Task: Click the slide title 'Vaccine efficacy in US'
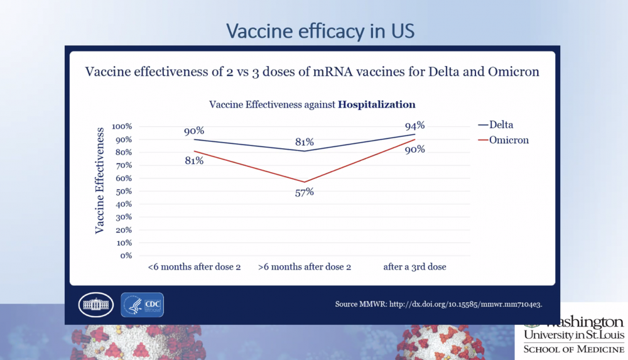(320, 31)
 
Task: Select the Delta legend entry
(500, 125)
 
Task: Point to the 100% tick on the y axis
(122, 126)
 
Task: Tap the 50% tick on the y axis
(124, 191)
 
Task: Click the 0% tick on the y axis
(126, 256)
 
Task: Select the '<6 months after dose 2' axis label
(195, 267)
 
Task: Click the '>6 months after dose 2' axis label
(305, 267)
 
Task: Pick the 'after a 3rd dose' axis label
(415, 267)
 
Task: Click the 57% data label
(305, 192)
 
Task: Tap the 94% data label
(415, 125)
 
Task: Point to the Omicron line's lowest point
(305, 182)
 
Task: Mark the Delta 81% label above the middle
(305, 142)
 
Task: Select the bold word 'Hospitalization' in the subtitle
(377, 104)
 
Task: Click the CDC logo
(142, 304)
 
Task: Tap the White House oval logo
(95, 305)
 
